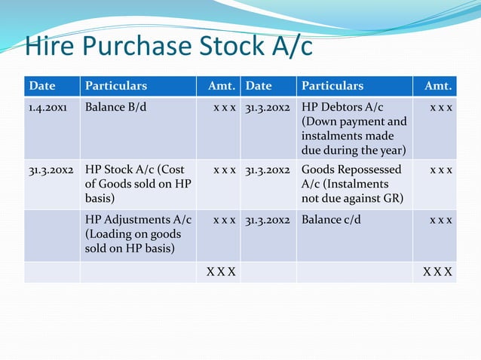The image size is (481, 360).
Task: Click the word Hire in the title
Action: tap(50, 47)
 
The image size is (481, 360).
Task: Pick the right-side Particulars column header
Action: tap(331, 86)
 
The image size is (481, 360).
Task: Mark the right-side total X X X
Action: tap(437, 271)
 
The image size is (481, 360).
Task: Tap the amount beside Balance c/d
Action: tap(441, 221)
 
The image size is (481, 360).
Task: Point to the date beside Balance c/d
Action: tap(268, 221)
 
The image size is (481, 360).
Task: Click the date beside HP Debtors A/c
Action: tap(268, 107)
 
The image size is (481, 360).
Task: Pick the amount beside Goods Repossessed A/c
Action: tap(441, 170)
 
